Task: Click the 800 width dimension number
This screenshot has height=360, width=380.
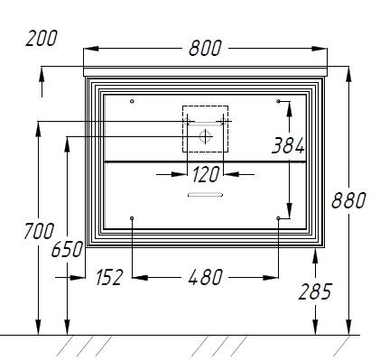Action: (205, 48)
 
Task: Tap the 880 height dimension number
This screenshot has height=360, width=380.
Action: (348, 200)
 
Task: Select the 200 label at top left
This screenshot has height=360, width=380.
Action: (42, 38)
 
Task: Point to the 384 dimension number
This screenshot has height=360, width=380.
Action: (288, 145)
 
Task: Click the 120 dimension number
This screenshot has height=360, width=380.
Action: (206, 175)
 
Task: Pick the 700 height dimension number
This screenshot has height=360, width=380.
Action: (39, 231)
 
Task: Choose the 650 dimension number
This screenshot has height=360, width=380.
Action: (67, 249)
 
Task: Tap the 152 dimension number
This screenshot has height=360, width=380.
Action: (109, 277)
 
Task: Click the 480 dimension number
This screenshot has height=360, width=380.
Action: (205, 277)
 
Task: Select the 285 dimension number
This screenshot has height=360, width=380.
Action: (315, 291)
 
